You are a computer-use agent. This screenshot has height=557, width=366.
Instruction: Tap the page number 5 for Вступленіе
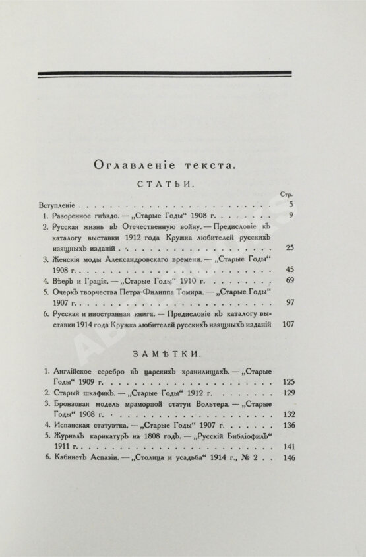click(290, 205)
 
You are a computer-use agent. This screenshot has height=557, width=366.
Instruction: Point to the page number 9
click(290, 215)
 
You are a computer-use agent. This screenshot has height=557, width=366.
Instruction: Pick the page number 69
click(288, 281)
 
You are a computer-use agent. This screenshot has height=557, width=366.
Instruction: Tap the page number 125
click(286, 382)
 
